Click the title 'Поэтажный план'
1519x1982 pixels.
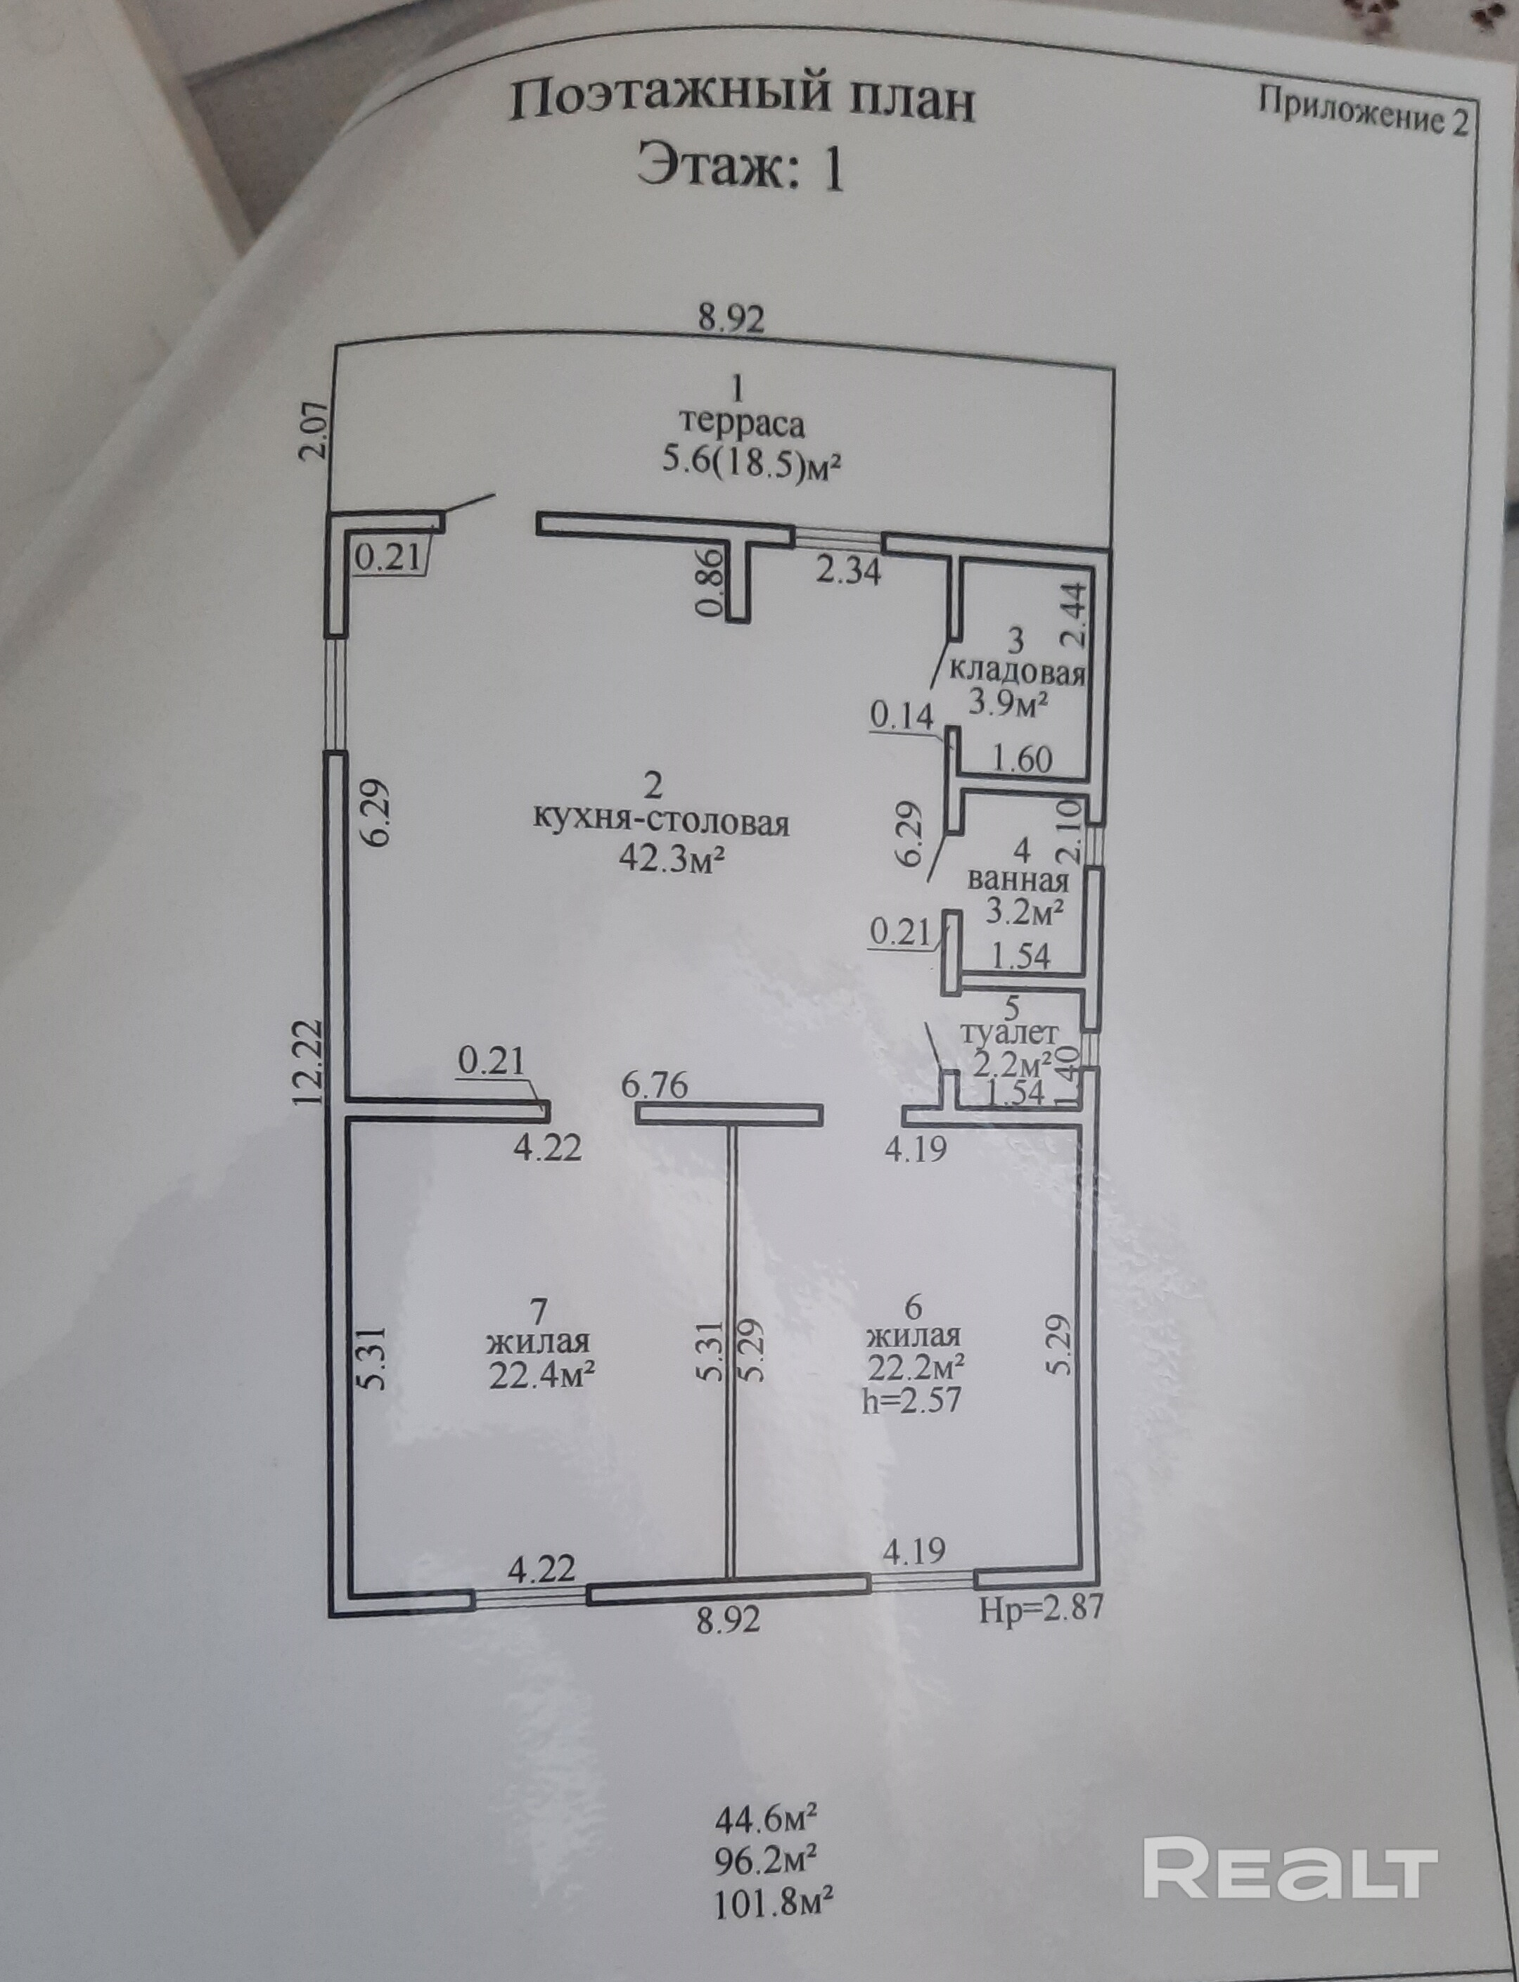[741, 101]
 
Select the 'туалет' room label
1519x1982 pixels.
[1009, 1032]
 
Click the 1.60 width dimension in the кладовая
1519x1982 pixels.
[1023, 759]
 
